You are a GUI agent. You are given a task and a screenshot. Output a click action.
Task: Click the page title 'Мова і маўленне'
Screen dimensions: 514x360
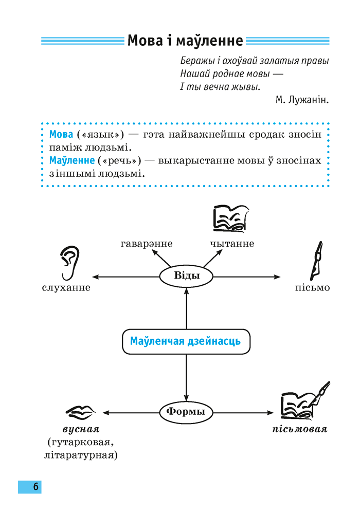(185, 40)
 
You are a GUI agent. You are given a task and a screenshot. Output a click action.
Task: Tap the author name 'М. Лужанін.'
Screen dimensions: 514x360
(301, 100)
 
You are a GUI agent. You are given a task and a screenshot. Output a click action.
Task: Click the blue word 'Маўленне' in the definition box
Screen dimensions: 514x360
(70, 160)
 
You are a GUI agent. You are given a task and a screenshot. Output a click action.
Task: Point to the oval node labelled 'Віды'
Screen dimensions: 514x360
(187, 276)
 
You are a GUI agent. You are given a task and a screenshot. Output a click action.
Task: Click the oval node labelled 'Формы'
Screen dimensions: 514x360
(186, 412)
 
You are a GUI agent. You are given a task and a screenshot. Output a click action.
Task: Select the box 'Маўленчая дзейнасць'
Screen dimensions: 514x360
(186, 341)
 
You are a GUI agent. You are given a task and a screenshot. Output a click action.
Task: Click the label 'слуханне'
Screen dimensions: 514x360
(66, 288)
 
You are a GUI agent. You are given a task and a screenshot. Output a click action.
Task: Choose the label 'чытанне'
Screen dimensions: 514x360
(232, 244)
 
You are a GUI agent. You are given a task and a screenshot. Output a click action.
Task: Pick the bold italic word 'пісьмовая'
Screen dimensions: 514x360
(300, 429)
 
